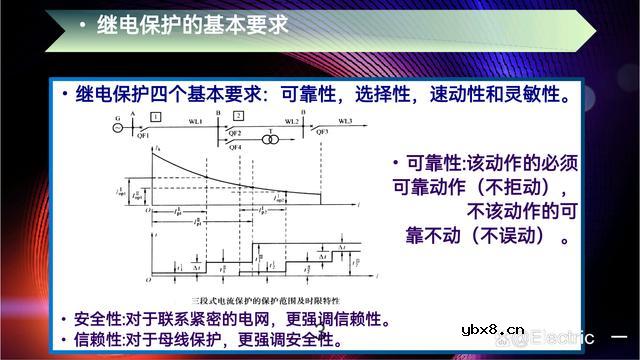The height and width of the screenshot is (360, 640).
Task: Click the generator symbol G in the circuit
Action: (118, 126)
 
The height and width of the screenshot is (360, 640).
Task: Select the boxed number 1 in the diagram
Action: (156, 118)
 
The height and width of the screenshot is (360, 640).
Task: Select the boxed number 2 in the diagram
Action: (238, 118)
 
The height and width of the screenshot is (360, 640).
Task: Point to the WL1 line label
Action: (195, 121)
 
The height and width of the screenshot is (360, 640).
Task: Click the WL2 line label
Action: (292, 121)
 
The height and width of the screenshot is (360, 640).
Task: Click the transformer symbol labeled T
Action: (270, 141)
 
